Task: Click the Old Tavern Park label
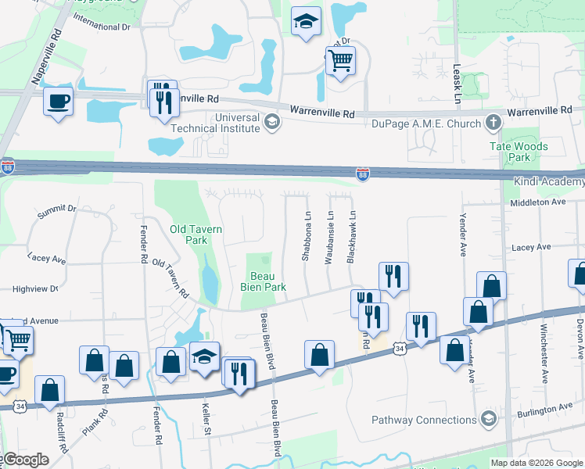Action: pos(196,234)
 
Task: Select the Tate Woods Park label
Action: pos(518,152)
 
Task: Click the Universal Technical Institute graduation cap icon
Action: pos(271,121)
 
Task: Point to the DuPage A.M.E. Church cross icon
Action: pos(493,122)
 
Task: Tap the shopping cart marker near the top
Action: pos(340,60)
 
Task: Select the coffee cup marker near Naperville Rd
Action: pos(59,100)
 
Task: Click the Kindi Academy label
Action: pos(548,182)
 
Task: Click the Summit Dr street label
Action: pos(56,209)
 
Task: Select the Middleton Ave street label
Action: pos(558,202)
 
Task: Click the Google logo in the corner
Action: pos(26,460)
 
